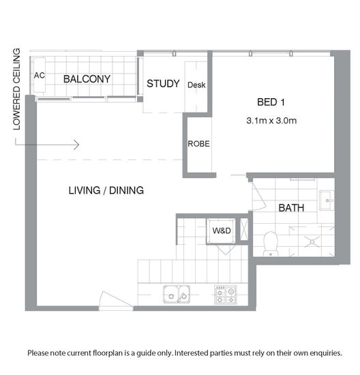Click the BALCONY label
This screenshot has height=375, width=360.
(x=87, y=79)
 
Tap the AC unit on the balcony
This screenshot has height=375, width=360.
(x=40, y=75)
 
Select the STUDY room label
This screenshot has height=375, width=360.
(x=163, y=83)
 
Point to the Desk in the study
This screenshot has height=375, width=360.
(x=196, y=85)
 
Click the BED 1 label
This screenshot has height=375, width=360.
(x=271, y=102)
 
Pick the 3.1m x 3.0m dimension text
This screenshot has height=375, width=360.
(x=271, y=120)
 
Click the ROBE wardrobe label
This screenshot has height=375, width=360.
(x=198, y=144)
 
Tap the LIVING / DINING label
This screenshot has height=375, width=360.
(x=106, y=190)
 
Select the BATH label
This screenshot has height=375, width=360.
(x=291, y=208)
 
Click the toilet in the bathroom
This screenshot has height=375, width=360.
(x=271, y=244)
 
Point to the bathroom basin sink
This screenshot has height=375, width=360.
(x=327, y=200)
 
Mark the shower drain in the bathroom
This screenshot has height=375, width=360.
(x=312, y=242)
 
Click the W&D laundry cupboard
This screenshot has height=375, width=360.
(x=222, y=230)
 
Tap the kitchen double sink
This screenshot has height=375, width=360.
(x=177, y=295)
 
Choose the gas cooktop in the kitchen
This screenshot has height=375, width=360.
(x=225, y=295)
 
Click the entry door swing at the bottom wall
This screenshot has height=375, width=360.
(x=116, y=300)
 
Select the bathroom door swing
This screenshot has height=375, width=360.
(x=259, y=196)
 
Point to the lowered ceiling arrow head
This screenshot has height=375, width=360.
(x=76, y=145)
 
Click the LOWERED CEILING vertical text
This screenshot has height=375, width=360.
(x=16, y=89)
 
